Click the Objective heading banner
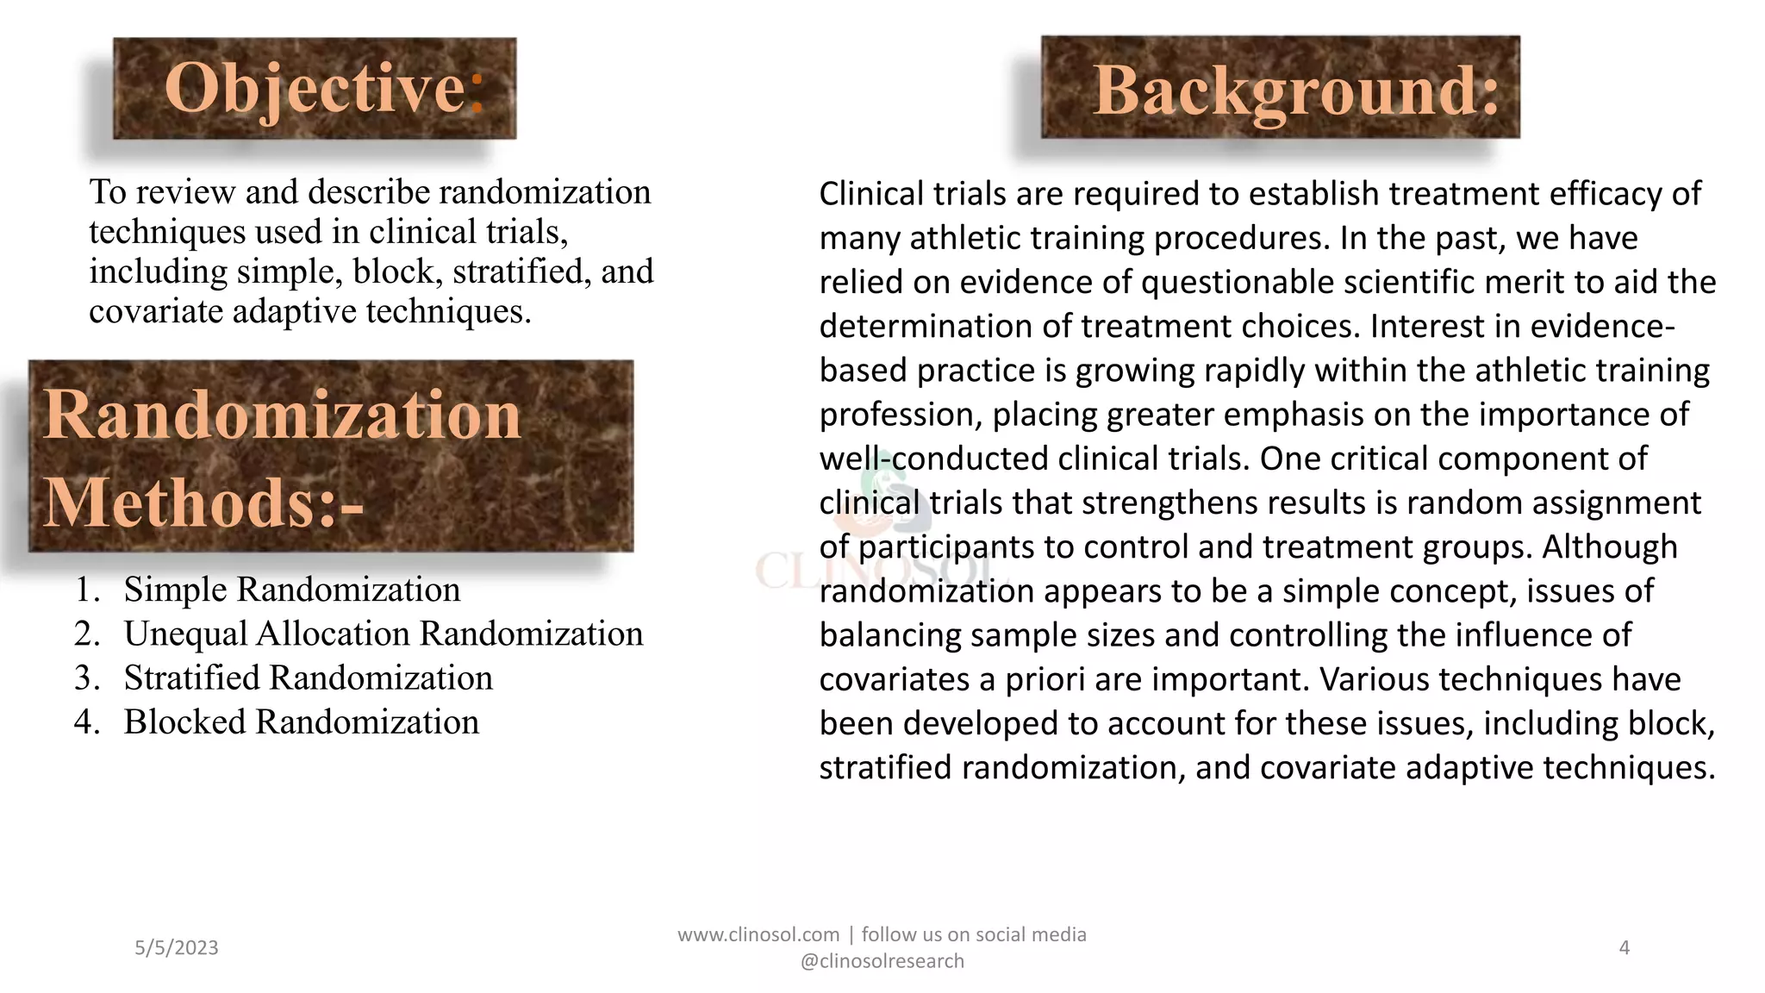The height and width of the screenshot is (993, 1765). tap(315, 88)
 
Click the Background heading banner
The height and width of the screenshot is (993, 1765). tap(1281, 88)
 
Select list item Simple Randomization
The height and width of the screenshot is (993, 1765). tap(291, 590)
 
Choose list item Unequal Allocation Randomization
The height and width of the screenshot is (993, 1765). tap(383, 634)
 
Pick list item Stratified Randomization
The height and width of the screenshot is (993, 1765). tap(308, 678)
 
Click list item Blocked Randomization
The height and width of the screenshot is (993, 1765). tap(301, 721)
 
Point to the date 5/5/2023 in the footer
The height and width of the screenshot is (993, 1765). tap(177, 947)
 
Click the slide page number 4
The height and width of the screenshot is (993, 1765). tap(1624, 947)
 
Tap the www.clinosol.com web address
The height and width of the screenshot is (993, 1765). tap(758, 934)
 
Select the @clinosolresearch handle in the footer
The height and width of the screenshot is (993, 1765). tap(882, 961)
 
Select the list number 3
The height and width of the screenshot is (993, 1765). tap(86, 678)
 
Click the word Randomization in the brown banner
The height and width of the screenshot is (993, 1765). tap(283, 415)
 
